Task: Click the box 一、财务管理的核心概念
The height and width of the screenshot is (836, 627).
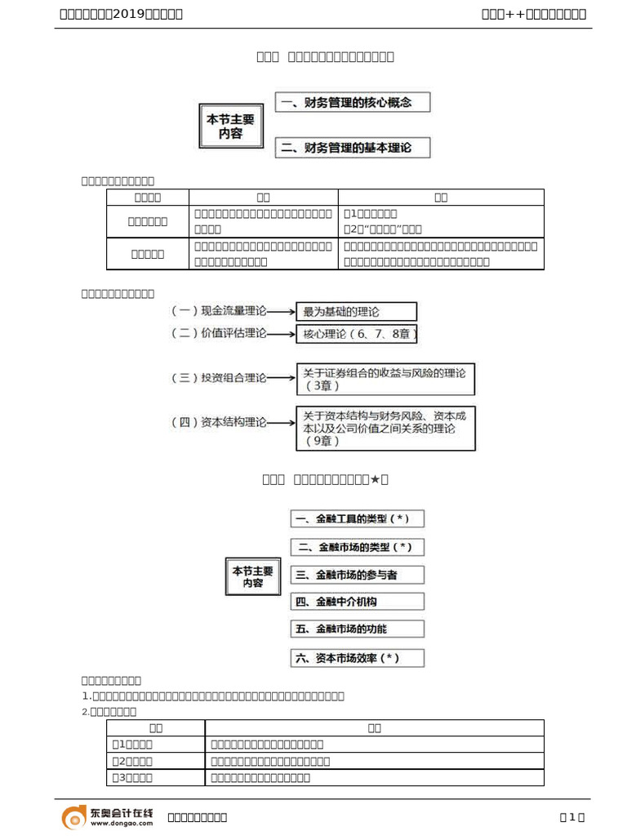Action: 353,103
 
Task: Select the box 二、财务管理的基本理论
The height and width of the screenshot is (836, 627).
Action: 353,148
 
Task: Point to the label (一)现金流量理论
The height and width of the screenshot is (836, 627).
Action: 219,311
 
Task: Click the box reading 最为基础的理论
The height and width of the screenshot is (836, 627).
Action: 356,311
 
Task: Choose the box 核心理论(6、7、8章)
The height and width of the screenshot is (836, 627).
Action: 360,334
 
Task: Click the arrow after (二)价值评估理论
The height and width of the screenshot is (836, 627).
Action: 281,334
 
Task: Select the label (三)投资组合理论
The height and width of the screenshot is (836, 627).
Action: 219,378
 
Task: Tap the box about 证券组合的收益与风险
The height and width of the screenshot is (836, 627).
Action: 385,379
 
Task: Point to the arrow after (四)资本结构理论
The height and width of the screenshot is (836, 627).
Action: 281,422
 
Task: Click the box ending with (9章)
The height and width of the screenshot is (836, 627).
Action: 385,428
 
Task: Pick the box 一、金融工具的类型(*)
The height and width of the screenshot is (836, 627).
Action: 357,519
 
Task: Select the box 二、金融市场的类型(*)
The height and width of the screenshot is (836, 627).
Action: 357,547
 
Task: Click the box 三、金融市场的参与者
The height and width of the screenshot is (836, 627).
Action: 357,575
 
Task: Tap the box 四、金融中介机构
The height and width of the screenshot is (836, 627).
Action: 357,602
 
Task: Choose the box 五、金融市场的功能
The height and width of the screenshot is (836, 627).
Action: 357,629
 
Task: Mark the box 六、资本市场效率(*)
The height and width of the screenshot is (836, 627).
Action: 357,657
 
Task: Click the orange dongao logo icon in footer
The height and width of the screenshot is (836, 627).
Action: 74,816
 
